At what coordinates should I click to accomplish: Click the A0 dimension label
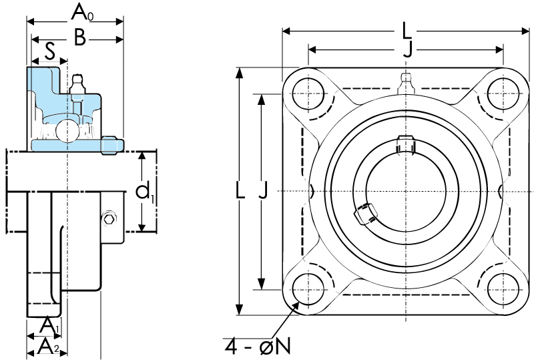click(82, 13)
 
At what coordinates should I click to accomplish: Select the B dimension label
click(79, 37)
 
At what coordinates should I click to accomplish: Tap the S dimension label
click(49, 53)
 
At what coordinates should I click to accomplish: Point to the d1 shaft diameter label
click(145, 192)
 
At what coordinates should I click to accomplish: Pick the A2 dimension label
click(48, 347)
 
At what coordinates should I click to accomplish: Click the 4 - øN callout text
click(258, 347)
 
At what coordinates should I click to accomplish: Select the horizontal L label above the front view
click(407, 31)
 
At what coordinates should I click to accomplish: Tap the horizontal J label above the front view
click(407, 50)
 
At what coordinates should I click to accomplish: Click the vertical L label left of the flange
click(240, 190)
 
